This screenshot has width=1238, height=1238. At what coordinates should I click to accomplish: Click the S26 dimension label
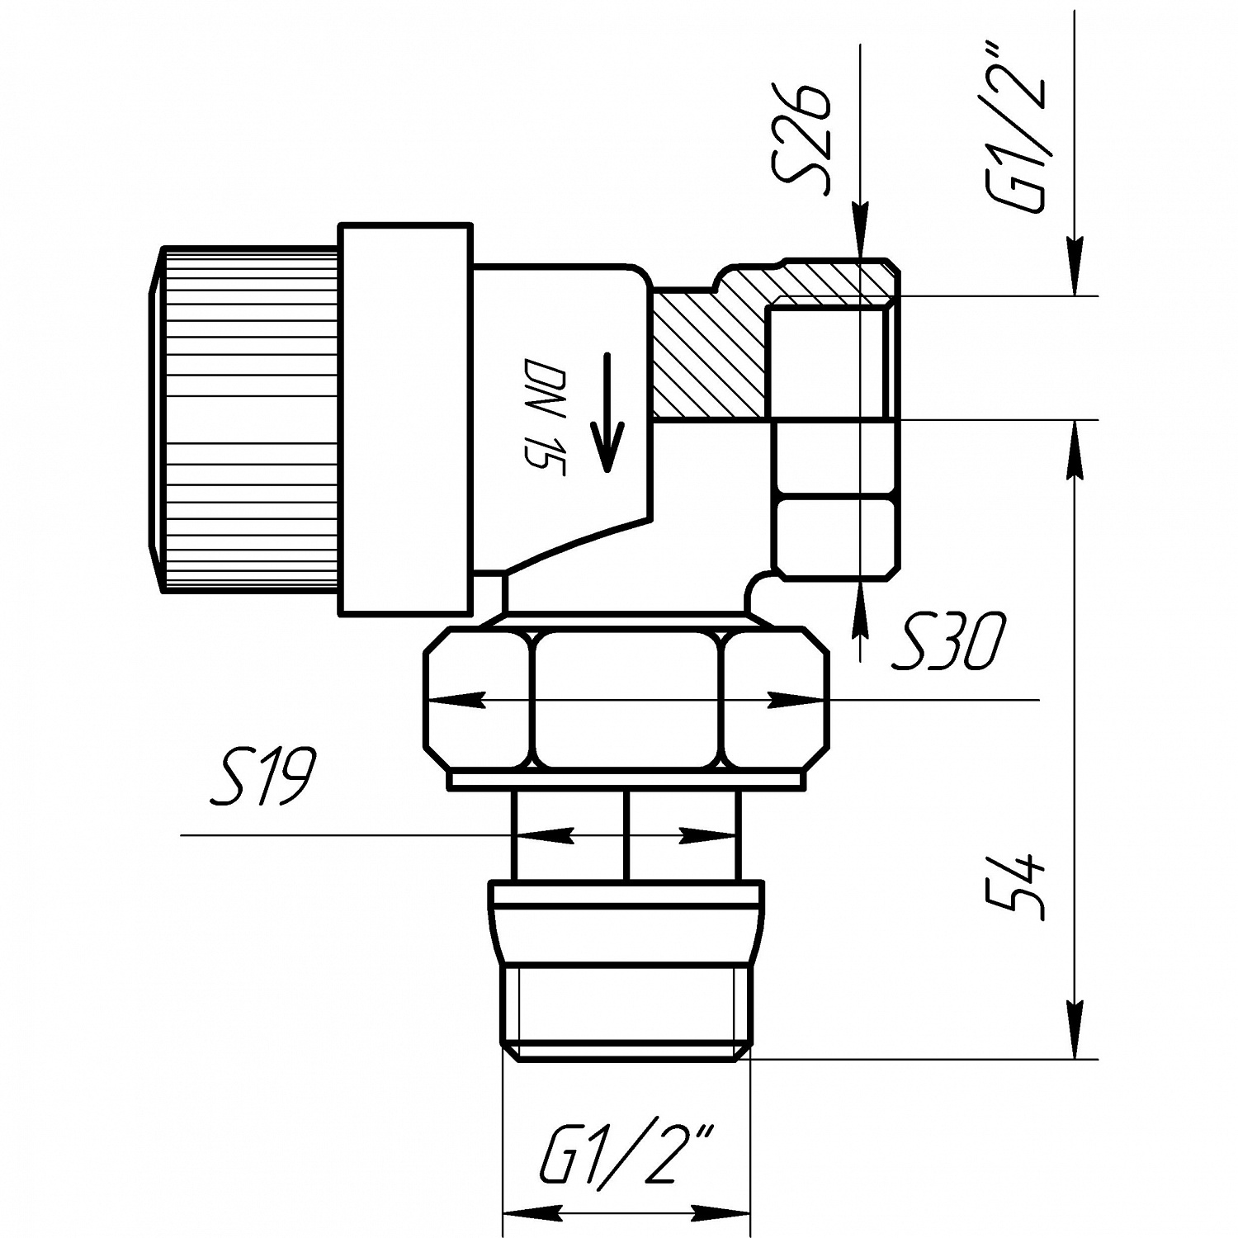coord(799,139)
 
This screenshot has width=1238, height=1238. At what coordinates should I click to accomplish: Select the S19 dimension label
coord(262,777)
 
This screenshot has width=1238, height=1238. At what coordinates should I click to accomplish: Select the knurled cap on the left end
coord(248,418)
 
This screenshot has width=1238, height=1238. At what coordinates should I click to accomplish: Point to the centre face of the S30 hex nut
coord(627,700)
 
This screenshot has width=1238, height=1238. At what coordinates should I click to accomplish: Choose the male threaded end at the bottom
coord(627,1011)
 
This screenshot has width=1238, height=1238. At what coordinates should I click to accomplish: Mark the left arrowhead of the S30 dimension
coord(454,700)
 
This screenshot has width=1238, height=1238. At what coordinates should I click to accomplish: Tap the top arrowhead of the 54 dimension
coord(1075,450)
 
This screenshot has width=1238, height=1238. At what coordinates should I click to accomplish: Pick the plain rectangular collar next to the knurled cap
coord(405,418)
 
